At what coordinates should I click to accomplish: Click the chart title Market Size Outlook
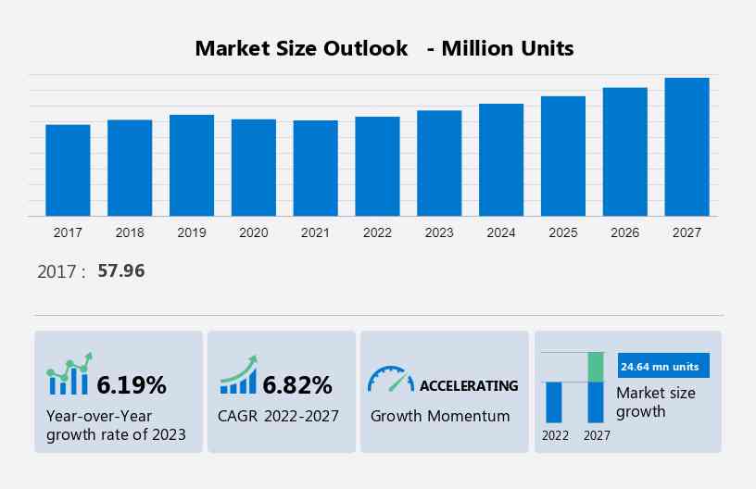click(301, 48)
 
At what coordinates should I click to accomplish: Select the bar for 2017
click(68, 170)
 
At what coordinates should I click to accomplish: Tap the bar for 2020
click(254, 168)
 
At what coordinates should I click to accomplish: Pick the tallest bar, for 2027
click(687, 147)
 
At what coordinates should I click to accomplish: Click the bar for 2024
click(501, 160)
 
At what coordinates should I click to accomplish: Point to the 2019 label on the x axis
click(192, 232)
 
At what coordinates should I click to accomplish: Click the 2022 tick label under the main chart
click(377, 232)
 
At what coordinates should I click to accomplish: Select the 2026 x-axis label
click(625, 232)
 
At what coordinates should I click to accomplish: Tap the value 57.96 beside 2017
click(121, 271)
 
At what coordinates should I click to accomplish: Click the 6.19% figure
click(132, 384)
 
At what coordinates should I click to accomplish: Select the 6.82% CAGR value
click(296, 384)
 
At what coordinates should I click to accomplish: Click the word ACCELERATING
click(469, 385)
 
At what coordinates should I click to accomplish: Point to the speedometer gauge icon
click(390, 379)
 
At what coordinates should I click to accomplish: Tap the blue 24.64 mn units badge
click(662, 366)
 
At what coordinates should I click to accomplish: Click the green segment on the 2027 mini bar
click(596, 367)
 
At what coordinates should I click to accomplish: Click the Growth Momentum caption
click(440, 416)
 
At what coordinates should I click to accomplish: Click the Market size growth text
click(655, 402)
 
